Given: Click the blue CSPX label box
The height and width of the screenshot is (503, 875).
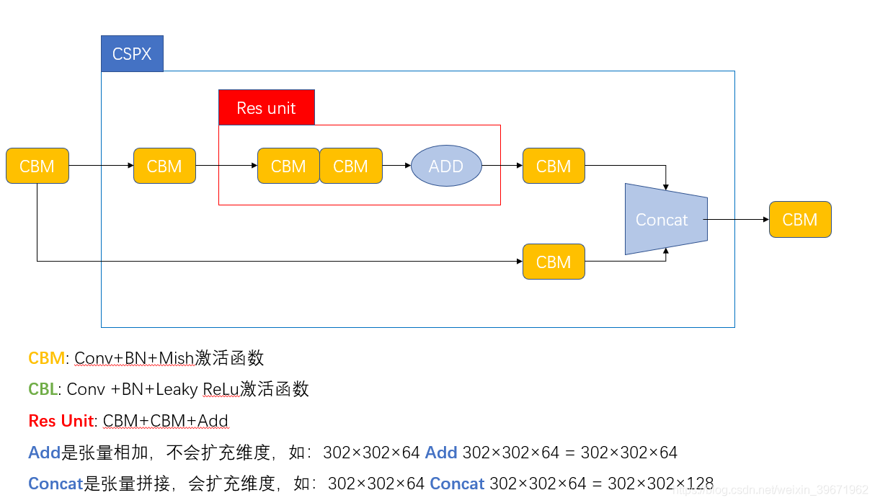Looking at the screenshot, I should [132, 53].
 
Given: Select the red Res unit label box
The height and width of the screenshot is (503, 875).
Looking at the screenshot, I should [266, 107].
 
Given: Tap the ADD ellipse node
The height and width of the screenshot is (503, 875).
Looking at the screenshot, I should [446, 166].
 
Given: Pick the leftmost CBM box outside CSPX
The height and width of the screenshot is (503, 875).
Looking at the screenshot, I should [37, 166].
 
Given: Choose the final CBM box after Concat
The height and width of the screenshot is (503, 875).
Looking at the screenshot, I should [800, 219].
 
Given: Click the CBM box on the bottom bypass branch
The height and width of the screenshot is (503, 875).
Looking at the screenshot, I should [554, 262].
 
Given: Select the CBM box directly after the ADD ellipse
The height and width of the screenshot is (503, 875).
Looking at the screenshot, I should [554, 166].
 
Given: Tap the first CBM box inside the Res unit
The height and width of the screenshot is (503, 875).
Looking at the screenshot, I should [288, 166].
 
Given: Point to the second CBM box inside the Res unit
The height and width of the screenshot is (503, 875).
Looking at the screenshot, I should [351, 166].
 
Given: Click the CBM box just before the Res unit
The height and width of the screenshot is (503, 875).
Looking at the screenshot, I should [164, 166].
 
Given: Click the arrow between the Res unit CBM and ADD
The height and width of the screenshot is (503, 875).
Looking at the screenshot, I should [396, 166].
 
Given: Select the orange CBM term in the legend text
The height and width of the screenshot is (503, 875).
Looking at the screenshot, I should [46, 357].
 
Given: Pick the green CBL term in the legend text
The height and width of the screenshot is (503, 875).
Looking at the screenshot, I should [43, 389].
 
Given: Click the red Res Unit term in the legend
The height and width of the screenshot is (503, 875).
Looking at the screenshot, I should [61, 421].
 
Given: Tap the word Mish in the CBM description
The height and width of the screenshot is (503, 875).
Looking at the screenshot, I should [177, 357].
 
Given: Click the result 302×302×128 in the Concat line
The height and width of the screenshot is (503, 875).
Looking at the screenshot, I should [660, 484].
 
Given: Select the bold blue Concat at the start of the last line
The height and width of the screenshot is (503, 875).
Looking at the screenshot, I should [55, 484].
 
